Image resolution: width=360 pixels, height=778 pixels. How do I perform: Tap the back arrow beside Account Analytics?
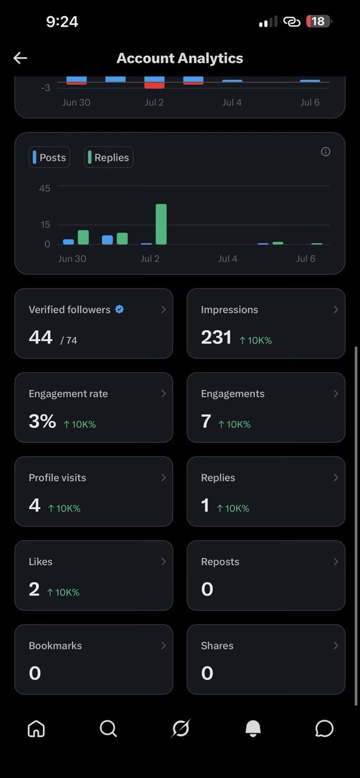(20, 58)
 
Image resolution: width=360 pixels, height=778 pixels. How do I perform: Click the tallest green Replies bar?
(162, 224)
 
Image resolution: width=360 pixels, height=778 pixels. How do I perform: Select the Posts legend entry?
(49, 158)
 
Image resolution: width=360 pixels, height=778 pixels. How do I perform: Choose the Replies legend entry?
(108, 158)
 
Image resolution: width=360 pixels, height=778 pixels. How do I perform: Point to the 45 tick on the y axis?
(45, 189)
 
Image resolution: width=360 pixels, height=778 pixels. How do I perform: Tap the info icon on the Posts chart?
(326, 152)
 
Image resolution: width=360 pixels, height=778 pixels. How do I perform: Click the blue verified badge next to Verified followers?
(119, 309)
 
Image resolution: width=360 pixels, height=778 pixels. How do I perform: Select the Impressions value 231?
(216, 337)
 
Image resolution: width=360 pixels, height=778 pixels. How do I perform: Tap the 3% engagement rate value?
(42, 421)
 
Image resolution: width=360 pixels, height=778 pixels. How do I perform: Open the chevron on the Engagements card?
(336, 394)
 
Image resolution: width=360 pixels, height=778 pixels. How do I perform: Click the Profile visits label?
(57, 478)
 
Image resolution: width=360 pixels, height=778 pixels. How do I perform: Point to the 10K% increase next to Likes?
(64, 592)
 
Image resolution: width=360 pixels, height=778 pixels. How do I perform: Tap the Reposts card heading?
(220, 561)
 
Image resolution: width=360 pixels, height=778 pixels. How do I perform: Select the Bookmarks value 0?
(35, 673)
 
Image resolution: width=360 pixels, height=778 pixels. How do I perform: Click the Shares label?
(217, 646)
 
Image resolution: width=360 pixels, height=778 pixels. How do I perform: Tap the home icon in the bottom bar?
(36, 728)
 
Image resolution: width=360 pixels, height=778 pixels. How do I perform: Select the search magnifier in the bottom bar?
(108, 728)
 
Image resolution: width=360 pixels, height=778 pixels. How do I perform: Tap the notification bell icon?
(253, 728)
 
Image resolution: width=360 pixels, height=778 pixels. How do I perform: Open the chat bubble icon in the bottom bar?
(324, 728)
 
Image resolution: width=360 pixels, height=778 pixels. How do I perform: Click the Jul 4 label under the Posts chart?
(228, 259)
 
